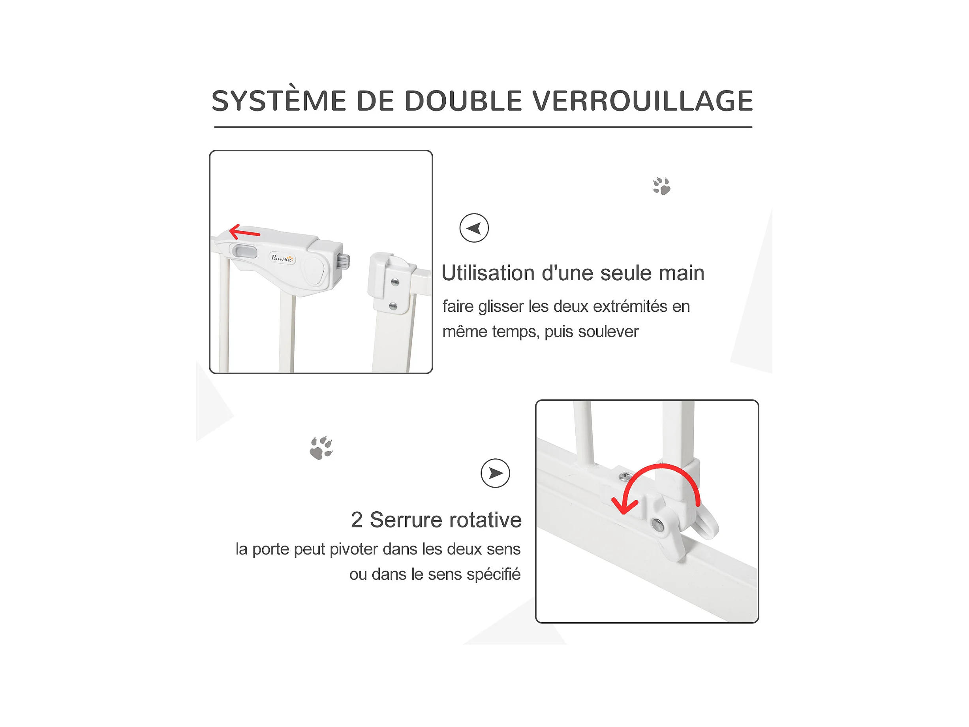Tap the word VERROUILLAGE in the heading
point(642,101)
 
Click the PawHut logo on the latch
point(282,258)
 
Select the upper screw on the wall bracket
point(395,282)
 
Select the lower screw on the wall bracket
point(393,306)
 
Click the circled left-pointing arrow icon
point(474,228)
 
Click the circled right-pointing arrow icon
point(496,473)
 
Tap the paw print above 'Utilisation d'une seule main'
point(661,186)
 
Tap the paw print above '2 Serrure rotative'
point(321,448)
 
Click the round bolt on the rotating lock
point(657,524)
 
